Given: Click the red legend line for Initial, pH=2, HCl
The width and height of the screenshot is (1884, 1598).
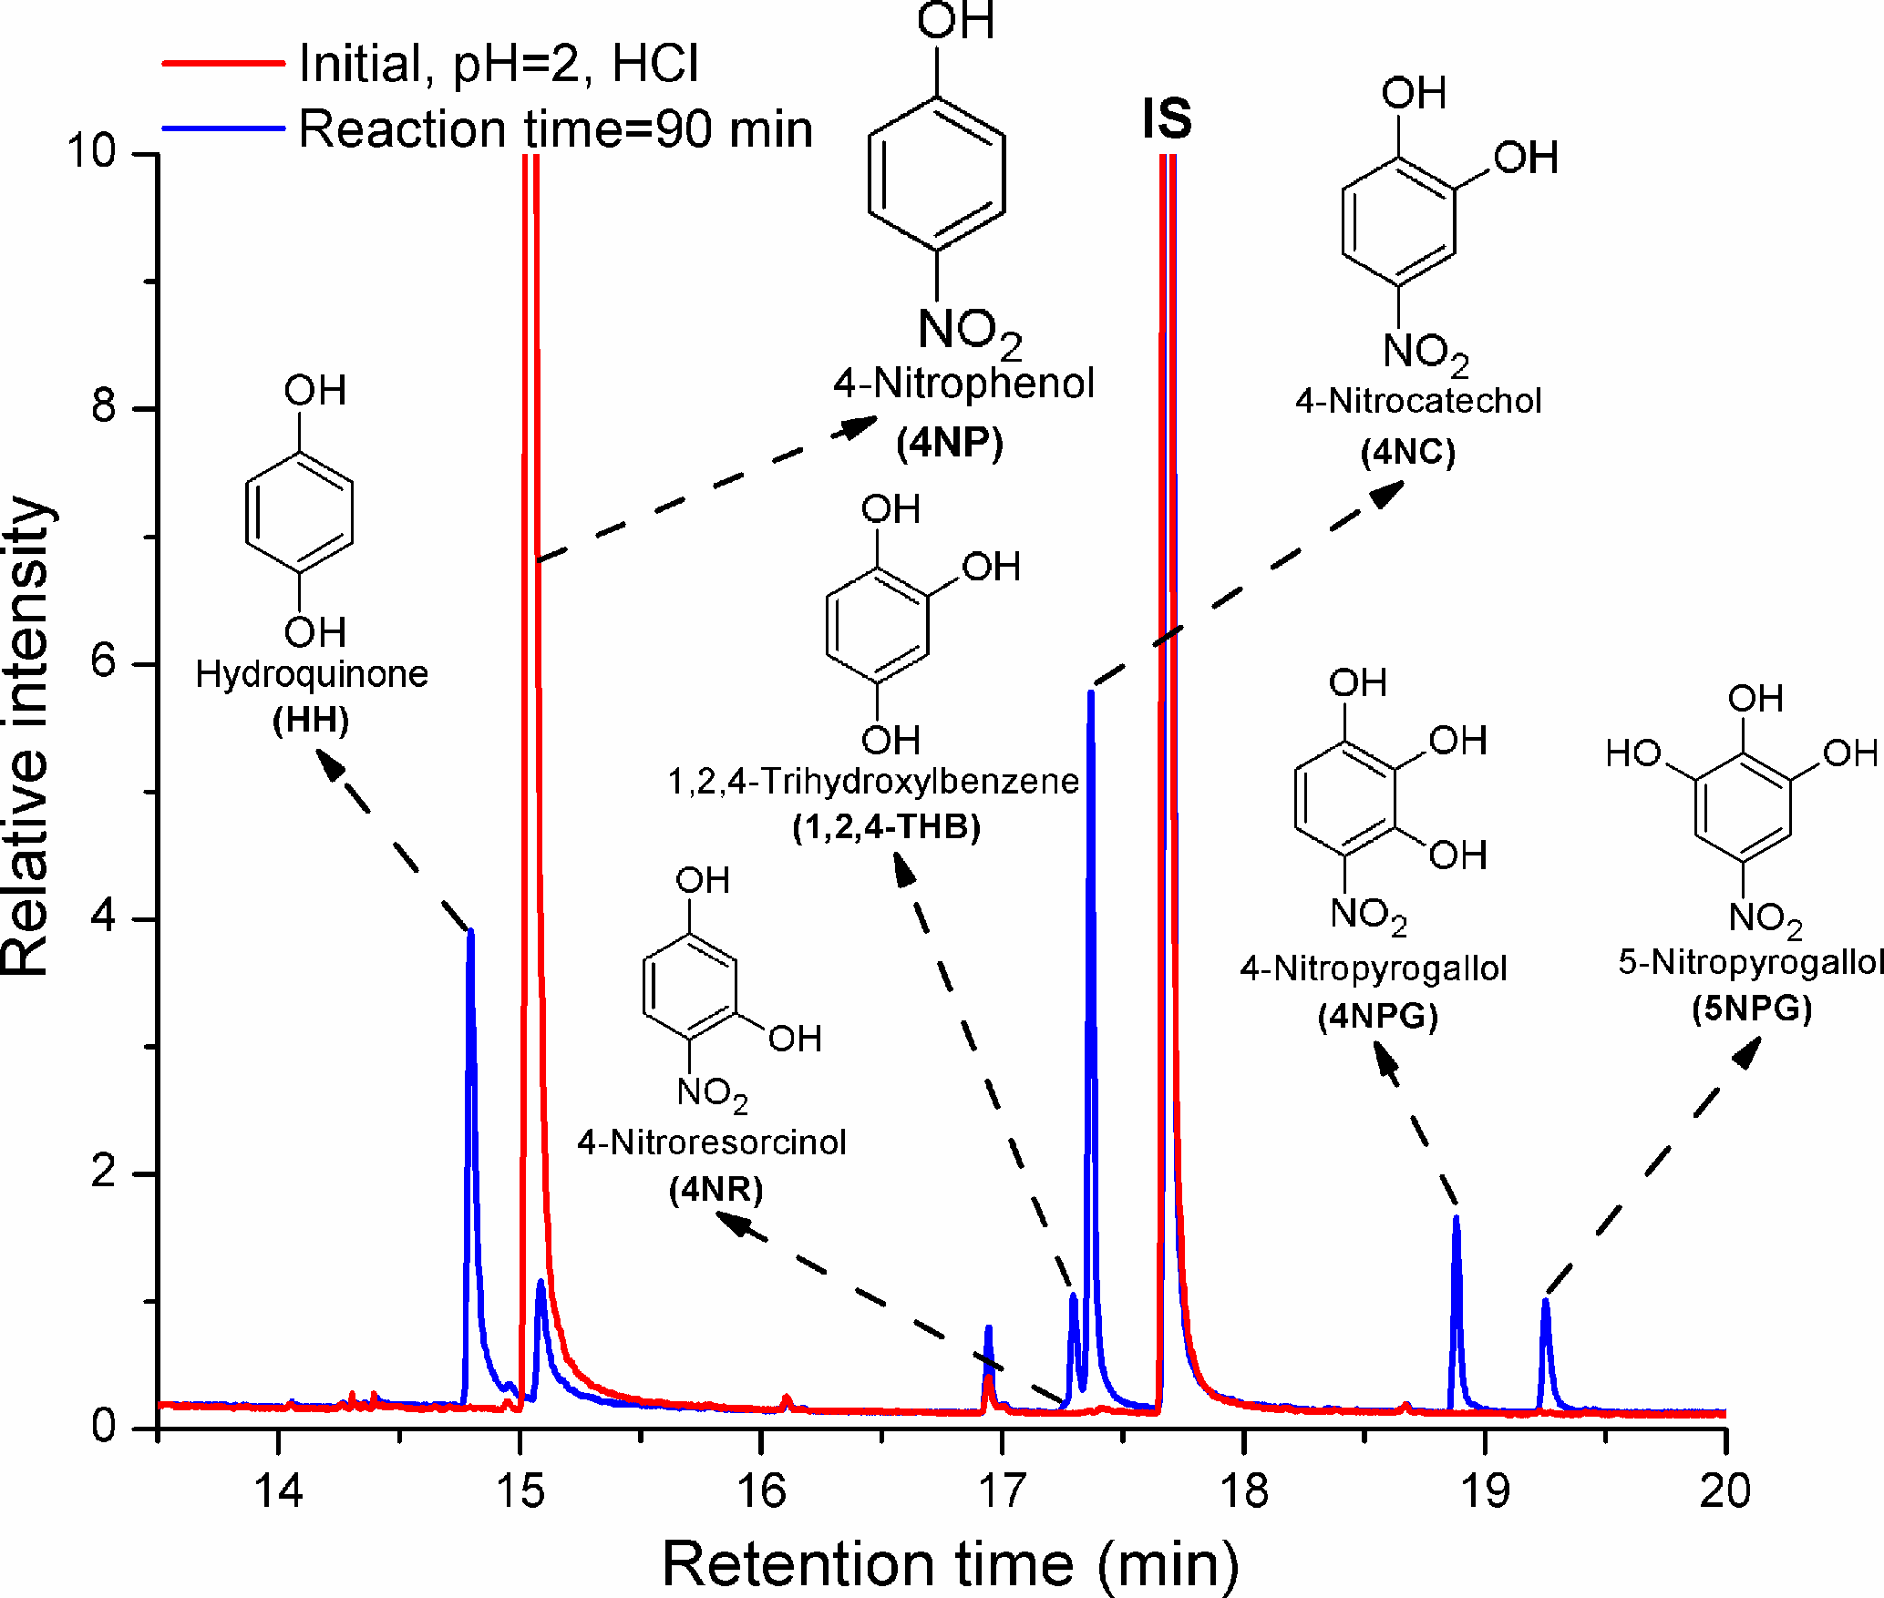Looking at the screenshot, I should point(223,64).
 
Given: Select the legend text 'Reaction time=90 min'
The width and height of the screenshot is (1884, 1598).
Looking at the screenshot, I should point(555,128).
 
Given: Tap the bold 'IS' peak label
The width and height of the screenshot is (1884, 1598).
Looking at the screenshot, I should point(1167,118).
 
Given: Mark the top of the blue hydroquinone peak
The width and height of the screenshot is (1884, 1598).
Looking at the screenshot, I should point(470,931).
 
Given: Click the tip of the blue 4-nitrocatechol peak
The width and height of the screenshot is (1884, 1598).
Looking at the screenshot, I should point(1090,692).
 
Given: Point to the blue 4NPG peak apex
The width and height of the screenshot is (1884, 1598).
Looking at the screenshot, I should point(1457,1217).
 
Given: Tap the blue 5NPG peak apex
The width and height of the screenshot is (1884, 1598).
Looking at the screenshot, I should point(1546,1300).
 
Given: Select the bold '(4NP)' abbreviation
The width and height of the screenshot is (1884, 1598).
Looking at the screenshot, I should point(950,444).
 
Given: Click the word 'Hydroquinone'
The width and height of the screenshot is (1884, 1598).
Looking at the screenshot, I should point(312,674).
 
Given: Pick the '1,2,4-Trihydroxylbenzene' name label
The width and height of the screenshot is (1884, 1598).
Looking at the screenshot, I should point(873,782).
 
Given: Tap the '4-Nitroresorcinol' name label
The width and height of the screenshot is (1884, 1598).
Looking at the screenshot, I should point(712,1142).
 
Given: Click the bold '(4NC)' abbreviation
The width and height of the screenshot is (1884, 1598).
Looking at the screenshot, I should point(1408,453).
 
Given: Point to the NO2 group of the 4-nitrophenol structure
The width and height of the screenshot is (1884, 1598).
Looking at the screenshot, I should point(968,330).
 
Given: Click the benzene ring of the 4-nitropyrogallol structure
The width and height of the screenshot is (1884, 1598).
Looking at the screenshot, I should point(1344,799).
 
